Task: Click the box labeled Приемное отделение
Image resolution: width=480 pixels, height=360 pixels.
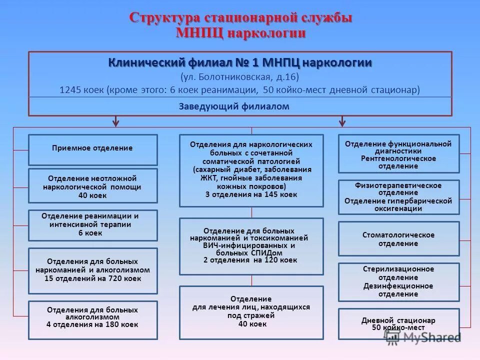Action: [x=92, y=148]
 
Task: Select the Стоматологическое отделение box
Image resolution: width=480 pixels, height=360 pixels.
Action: [x=398, y=239]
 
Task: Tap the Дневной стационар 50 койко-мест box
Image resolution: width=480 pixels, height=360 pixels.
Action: [x=398, y=323]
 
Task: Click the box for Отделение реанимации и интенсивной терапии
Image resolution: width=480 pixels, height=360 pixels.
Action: [x=92, y=225]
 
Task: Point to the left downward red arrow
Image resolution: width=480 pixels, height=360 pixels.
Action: [x=116, y=121]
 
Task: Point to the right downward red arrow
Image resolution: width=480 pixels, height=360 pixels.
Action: [x=342, y=121]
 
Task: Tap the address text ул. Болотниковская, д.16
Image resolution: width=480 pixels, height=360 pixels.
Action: [x=240, y=77]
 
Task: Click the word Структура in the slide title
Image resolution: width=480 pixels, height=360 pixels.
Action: [x=165, y=17]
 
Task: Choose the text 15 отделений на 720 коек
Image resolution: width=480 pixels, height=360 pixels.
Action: [x=92, y=278]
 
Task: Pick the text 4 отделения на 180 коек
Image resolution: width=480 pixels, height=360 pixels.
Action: [x=92, y=324]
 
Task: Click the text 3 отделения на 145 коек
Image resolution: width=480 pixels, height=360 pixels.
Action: [x=251, y=194]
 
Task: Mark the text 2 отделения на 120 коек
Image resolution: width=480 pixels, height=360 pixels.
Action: [x=250, y=260]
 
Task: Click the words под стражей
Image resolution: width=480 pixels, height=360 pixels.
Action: [x=251, y=315]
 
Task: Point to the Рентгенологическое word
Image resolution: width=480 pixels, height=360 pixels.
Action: [x=398, y=158]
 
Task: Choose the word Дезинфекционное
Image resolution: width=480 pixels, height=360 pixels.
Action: [x=398, y=286]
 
